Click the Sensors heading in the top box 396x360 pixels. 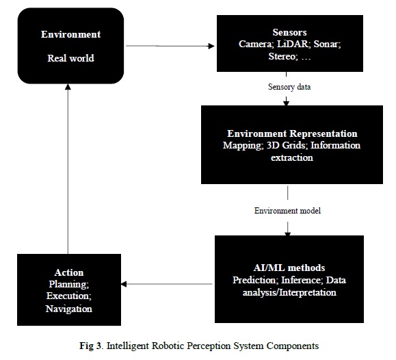coord(289,32)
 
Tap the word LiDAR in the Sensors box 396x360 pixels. coord(293,44)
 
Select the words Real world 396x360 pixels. coord(70,58)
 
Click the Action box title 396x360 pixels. coord(69,272)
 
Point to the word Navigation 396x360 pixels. coord(69,309)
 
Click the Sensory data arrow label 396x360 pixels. coord(289,87)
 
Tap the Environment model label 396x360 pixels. coord(287,211)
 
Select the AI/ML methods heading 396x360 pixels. coord(289,268)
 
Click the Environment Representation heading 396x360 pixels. coord(292,133)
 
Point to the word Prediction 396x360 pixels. coord(255,280)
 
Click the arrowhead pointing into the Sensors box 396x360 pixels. coord(211,46)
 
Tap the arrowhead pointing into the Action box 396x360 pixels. coord(124,284)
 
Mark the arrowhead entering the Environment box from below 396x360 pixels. coord(68,87)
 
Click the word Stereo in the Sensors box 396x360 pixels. coord(282,56)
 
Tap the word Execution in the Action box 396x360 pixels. coord(68,296)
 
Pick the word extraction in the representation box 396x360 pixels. coord(292,157)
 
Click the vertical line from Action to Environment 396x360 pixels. coord(68,169)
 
